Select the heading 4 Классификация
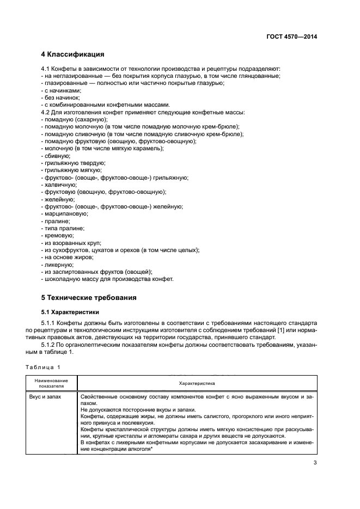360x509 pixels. (x=73, y=54)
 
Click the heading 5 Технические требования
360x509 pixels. (x=89, y=298)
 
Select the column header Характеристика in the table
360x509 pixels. (x=197, y=383)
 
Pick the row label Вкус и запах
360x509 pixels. (x=45, y=397)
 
